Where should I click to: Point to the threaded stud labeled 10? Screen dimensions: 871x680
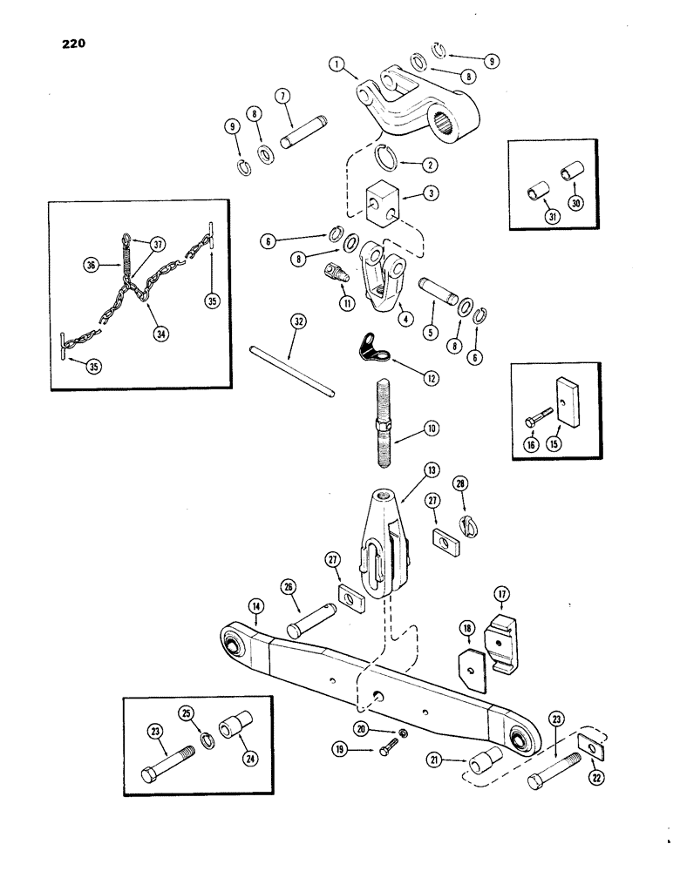[x=383, y=428]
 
